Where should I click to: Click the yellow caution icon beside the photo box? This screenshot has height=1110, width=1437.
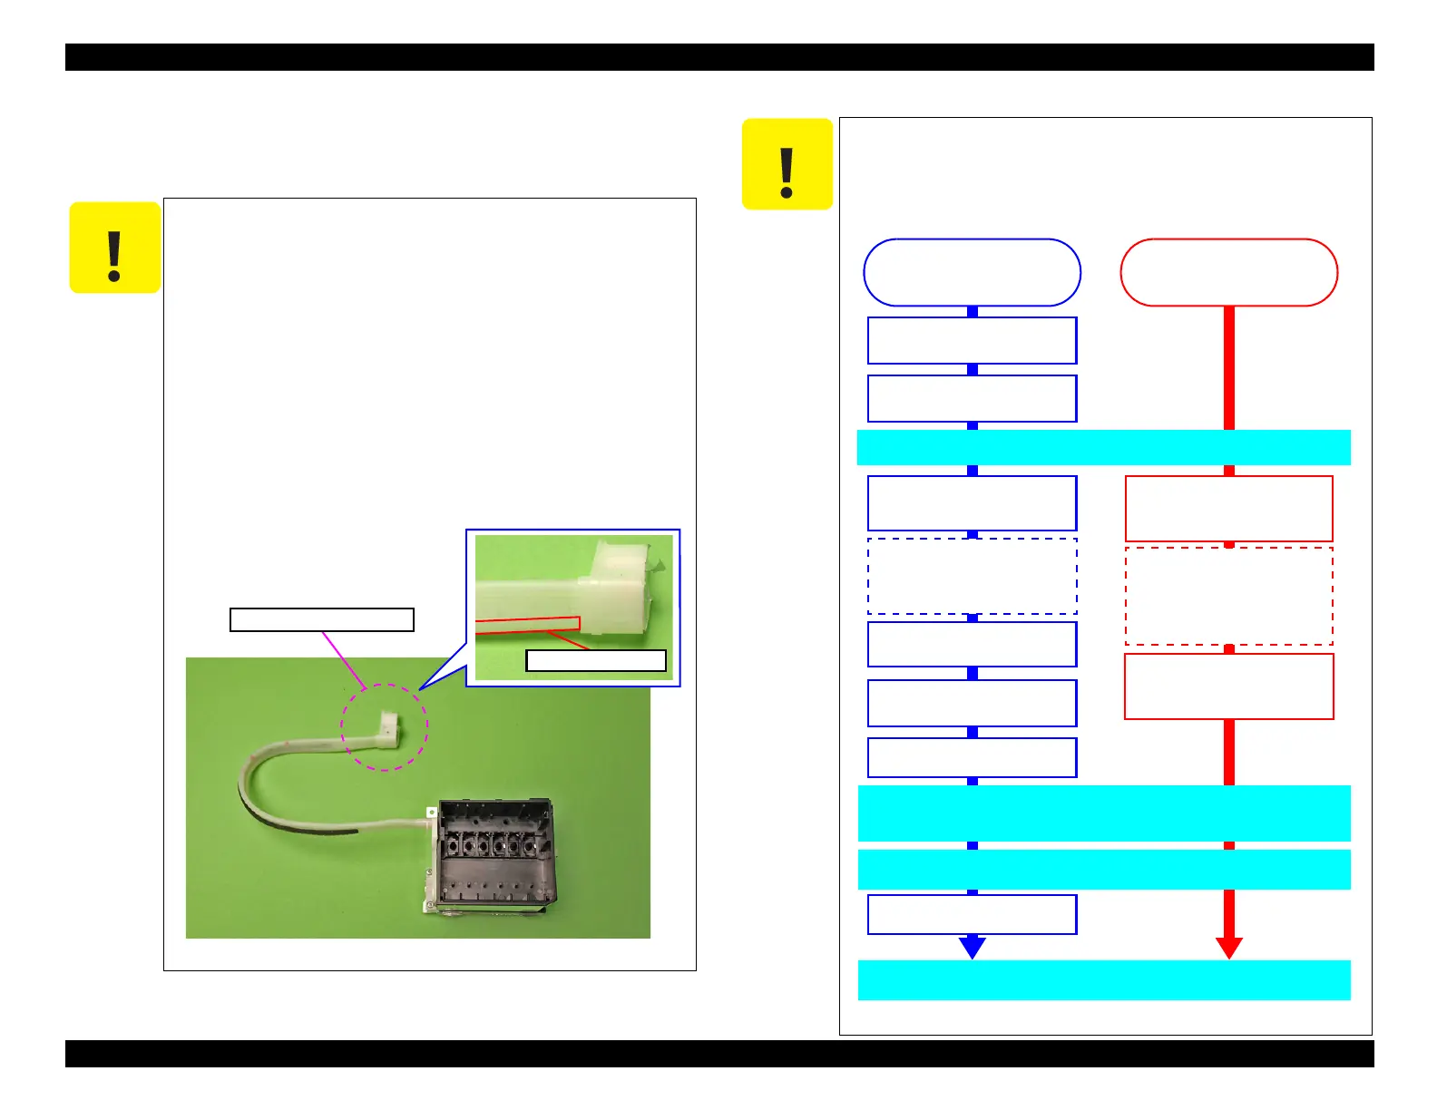[115, 248]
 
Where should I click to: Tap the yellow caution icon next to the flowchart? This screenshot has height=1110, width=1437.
[787, 164]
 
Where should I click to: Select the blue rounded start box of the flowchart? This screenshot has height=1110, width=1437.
[972, 273]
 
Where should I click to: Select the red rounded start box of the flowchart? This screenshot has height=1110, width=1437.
[1228, 273]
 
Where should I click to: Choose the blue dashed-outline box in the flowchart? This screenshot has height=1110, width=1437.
[972, 577]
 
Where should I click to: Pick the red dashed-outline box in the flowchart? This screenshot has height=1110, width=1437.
[1228, 596]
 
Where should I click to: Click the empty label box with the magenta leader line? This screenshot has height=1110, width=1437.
[322, 619]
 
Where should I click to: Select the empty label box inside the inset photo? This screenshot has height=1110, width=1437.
[596, 660]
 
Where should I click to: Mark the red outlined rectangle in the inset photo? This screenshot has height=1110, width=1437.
[527, 625]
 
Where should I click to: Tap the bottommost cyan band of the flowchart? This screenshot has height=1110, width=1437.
[1104, 980]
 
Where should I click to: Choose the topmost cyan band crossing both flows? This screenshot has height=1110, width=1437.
[1104, 447]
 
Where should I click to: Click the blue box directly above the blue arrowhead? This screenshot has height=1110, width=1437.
[972, 914]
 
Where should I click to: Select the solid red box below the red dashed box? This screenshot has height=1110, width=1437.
[1228, 686]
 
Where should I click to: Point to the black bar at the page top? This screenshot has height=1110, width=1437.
[719, 57]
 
